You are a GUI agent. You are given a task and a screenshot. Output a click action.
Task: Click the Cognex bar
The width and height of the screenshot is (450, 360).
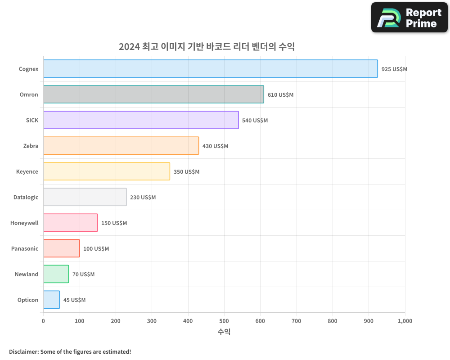[211, 69]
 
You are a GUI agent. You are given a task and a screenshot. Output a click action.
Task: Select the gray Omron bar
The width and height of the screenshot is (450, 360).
[153, 94]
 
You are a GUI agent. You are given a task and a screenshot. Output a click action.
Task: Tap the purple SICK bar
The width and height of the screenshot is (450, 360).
[141, 120]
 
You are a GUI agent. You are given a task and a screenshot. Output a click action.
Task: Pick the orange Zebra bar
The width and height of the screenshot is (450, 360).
[121, 146]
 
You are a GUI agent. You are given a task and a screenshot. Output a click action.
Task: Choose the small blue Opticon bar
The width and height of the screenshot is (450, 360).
[51, 300]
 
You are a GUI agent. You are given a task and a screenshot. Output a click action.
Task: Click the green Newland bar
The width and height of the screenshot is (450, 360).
[56, 274]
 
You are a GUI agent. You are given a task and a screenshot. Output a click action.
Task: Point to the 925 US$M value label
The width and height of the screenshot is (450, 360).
[394, 69]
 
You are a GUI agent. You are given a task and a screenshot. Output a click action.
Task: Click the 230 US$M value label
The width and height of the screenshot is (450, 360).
[143, 198]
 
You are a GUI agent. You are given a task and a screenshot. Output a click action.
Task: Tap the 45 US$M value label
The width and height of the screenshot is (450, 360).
[74, 300]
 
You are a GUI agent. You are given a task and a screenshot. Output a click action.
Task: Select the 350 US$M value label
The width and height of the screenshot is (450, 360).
[186, 172]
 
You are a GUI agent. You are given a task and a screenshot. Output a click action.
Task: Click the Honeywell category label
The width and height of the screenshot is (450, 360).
[24, 223]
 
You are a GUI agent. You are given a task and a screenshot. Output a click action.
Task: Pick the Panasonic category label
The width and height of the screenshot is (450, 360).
[25, 249]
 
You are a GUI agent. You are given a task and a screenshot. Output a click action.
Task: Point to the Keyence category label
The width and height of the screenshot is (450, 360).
[27, 172]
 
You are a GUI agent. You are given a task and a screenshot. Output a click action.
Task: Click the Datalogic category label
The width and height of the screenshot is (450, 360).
[26, 198]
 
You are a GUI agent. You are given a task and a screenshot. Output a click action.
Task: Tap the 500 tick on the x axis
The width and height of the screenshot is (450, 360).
[224, 321]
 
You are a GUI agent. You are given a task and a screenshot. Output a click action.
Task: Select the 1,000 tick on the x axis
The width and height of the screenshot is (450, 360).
[405, 321]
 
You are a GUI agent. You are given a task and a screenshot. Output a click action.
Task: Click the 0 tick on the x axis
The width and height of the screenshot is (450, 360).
[43, 321]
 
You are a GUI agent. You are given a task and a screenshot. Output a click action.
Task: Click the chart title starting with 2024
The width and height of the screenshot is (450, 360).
[207, 47]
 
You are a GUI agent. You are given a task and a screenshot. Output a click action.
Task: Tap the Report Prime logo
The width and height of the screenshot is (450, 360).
[409, 18]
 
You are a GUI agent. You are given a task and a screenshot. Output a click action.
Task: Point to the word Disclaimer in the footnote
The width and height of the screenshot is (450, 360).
[23, 351]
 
